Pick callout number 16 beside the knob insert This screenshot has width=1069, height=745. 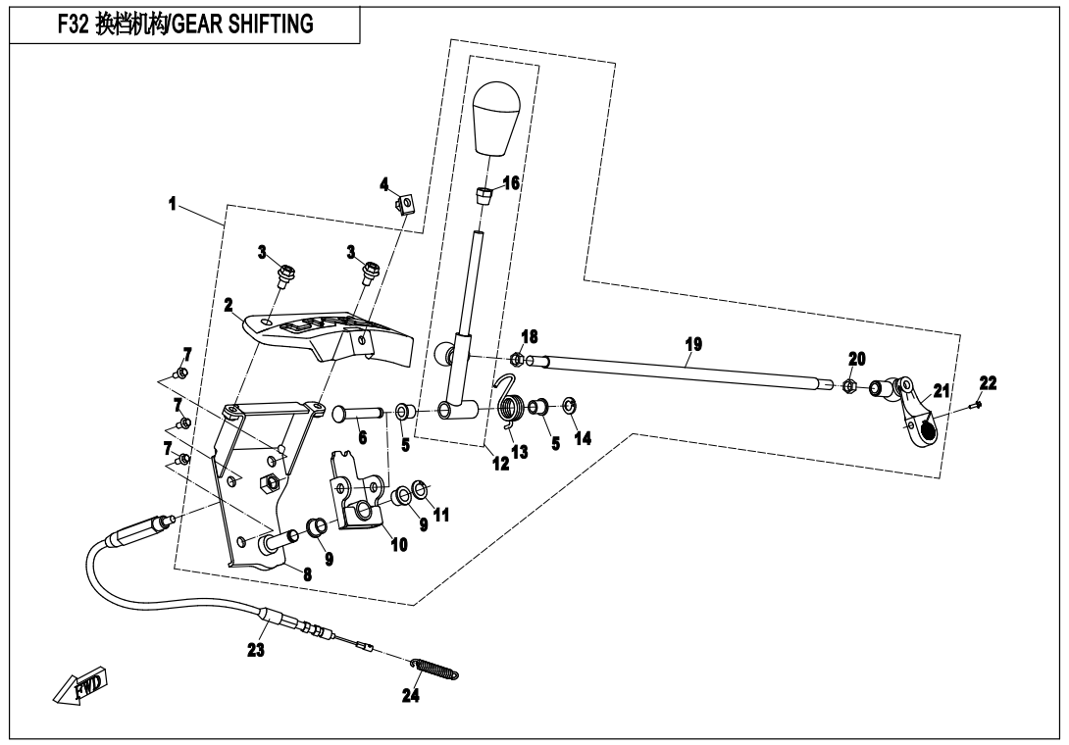[511, 183]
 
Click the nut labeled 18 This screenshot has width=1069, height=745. [517, 360]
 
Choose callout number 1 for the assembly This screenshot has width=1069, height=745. [173, 205]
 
